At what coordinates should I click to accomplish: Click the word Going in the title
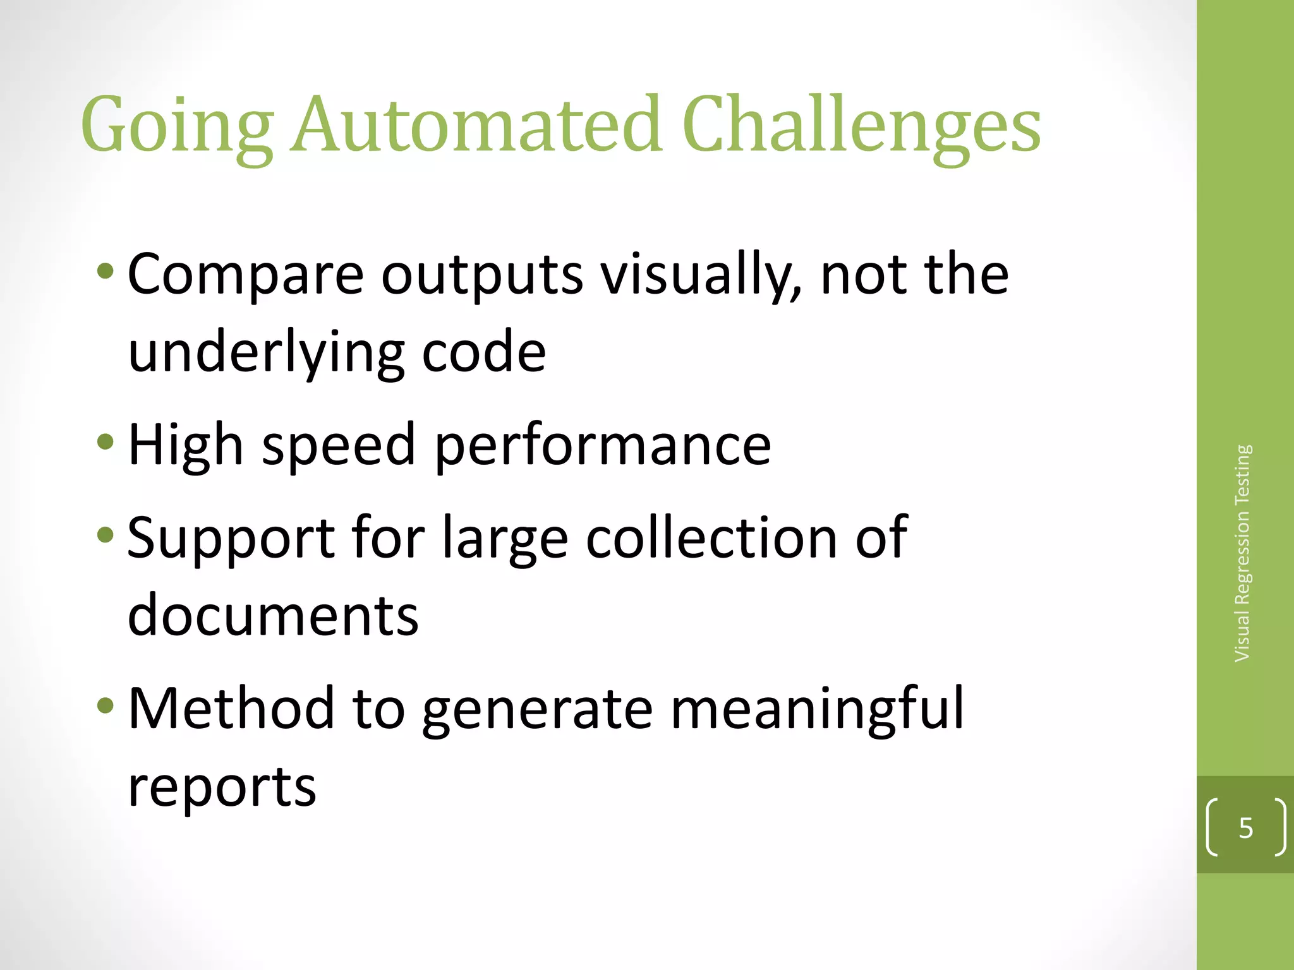(x=177, y=126)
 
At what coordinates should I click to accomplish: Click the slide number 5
(x=1245, y=828)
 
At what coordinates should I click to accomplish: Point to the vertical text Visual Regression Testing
(x=1243, y=553)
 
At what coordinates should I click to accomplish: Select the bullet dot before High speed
(x=106, y=441)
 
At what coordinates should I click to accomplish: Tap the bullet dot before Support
(x=106, y=536)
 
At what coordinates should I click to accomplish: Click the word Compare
(x=246, y=275)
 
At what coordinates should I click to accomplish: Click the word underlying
(x=266, y=354)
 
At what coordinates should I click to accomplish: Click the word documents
(x=273, y=615)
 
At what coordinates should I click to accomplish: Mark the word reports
(x=222, y=787)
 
